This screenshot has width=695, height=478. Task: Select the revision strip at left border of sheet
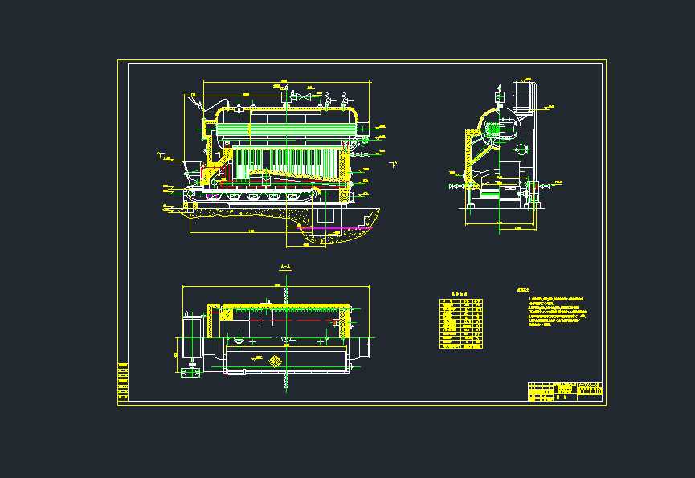(x=123, y=382)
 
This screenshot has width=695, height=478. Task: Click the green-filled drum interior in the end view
(x=506, y=129)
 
